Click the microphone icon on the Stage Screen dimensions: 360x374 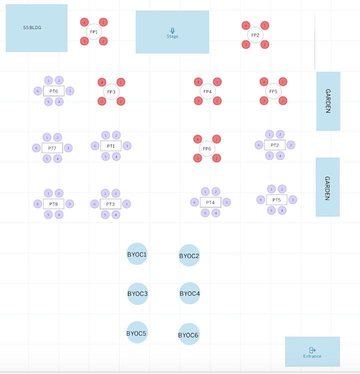coord(172,31)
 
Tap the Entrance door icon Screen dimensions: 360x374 coord(312,350)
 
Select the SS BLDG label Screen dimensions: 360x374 coord(32,28)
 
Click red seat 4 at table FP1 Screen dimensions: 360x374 coord(84,22)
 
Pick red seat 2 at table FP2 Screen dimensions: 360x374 coord(264,45)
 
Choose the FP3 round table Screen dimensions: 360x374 coord(111,92)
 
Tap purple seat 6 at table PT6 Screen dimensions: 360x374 coord(37,91)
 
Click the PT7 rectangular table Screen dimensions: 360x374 coord(52,148)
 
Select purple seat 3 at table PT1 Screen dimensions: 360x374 coord(127,146)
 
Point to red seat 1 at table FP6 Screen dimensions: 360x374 coord(216,139)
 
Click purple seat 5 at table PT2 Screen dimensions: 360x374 coord(269,156)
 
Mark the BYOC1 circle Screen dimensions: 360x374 coord(137,254)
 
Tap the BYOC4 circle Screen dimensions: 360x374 coord(189,293)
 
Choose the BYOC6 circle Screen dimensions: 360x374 coord(188,334)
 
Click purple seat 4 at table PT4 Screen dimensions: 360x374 coord(216,213)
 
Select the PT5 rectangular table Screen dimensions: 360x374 coord(276,200)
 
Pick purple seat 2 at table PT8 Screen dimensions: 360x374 coord(59,193)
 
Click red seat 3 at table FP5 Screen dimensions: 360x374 coord(263,101)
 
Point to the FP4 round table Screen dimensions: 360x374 coord(207,91)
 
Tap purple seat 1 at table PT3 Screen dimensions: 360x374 coord(105,193)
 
